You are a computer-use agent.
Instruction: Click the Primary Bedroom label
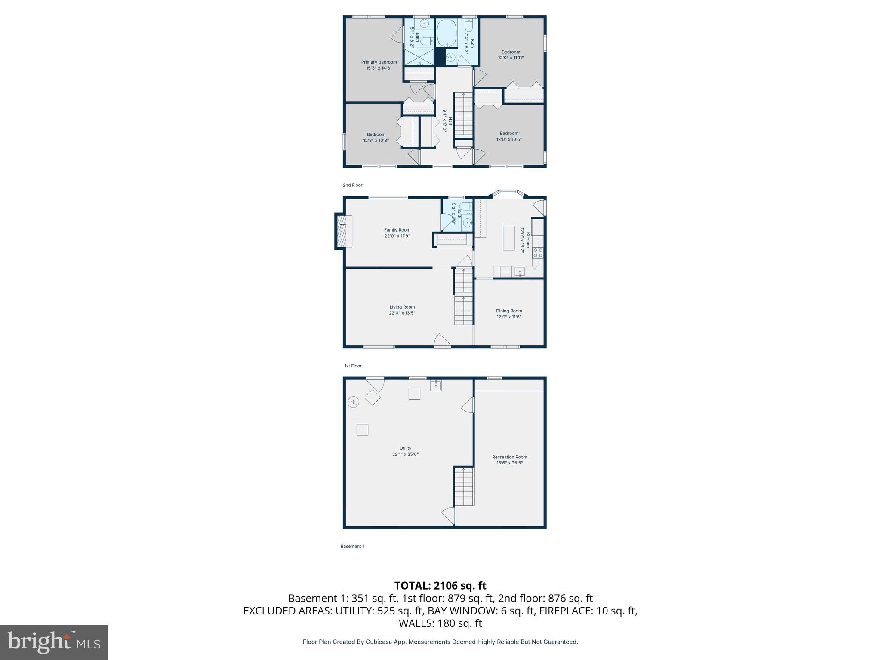coord(379,62)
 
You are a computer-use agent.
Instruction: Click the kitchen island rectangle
coord(508,238)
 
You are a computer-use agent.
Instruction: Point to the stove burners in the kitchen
coord(538,253)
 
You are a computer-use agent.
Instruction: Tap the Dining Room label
coord(509,311)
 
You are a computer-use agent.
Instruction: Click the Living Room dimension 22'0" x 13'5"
coord(402,313)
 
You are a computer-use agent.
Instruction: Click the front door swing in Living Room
coord(442,341)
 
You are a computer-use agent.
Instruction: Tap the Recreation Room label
coord(509,457)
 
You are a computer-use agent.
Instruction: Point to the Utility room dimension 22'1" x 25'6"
coord(405,454)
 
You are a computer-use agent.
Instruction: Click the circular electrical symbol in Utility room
coord(353,402)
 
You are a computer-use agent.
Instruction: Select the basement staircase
coord(464,487)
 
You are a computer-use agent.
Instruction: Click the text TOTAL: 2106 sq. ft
coord(440,586)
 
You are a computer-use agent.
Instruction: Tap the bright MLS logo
coord(54,642)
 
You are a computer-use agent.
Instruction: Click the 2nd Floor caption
coord(352,185)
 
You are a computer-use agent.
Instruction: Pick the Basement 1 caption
coord(352,546)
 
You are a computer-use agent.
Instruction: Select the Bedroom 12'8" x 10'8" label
coord(376,134)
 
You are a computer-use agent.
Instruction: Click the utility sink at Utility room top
coord(436,385)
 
